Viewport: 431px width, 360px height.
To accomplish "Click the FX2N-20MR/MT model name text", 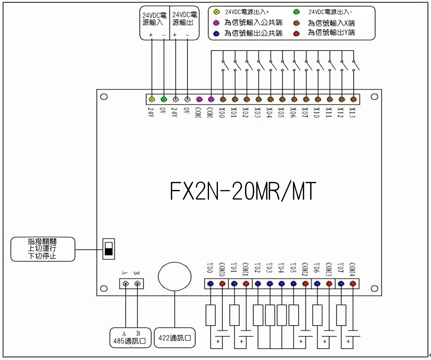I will coord(243,191).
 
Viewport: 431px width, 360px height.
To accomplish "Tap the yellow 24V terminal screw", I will coord(152,99).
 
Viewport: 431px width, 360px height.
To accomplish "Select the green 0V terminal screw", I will coord(164,99).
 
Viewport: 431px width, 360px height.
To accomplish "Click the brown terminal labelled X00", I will coord(223,99).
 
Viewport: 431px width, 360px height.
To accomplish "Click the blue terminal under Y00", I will coord(211,284).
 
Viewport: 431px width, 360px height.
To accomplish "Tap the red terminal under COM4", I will coord(353,284).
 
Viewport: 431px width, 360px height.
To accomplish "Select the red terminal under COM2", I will coord(305,284).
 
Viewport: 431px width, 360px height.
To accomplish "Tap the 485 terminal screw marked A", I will coord(125,284).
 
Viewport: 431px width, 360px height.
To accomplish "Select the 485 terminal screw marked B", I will coord(137,284).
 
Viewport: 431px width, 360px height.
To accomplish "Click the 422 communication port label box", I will coord(174,338).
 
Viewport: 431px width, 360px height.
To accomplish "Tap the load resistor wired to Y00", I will coord(211,315).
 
